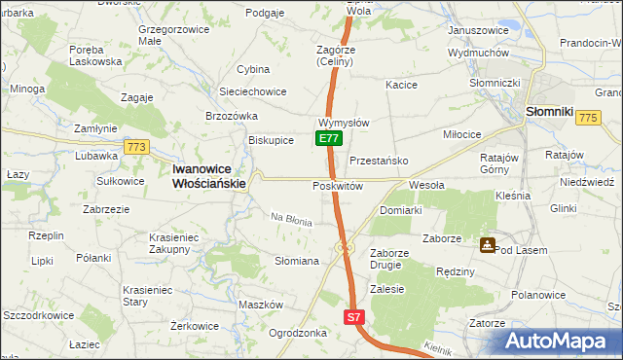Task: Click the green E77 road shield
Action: tap(328, 139)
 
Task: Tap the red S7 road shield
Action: tap(354, 317)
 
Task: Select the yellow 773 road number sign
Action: tap(136, 147)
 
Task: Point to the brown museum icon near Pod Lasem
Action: tap(486, 244)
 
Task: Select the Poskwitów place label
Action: tap(338, 186)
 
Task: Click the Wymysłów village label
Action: tap(343, 124)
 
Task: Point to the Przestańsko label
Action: tap(377, 162)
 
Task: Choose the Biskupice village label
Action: tap(271, 140)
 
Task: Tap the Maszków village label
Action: tap(260, 305)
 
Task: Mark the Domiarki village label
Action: tap(400, 210)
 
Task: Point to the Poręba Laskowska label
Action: tap(95, 54)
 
